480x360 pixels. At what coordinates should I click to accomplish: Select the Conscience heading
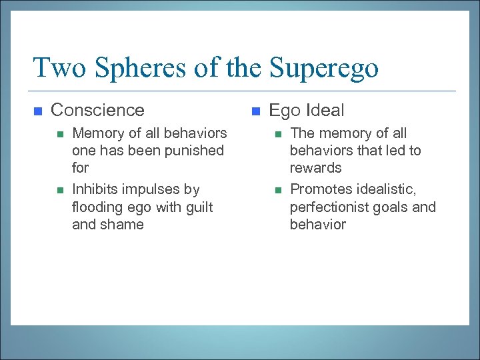click(97, 110)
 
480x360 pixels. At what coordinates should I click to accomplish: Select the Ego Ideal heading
click(307, 110)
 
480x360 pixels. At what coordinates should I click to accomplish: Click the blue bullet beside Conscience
click(38, 111)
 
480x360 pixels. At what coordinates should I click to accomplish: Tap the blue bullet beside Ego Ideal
click(256, 111)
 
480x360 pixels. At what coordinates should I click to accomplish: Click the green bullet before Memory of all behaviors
click(59, 134)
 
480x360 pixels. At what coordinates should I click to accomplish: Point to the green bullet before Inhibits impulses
click(59, 191)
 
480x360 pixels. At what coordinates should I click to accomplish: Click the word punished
click(197, 151)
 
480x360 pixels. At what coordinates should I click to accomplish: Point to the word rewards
click(315, 168)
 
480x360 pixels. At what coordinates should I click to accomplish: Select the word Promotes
click(319, 190)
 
